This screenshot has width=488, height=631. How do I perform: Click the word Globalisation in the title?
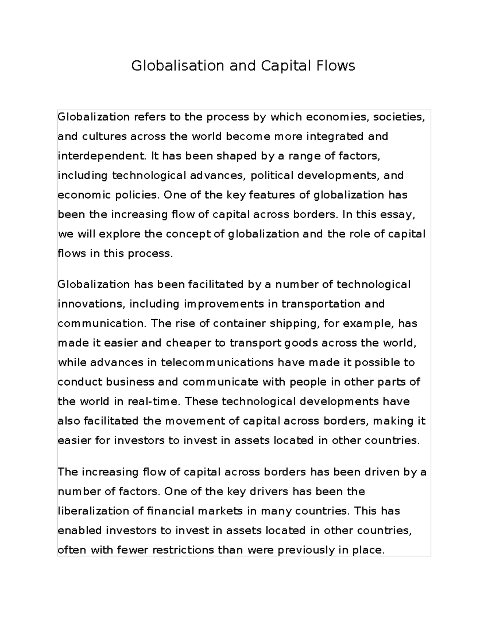(x=177, y=65)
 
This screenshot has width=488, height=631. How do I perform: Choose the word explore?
(x=120, y=234)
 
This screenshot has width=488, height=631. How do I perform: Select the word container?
(x=238, y=323)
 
